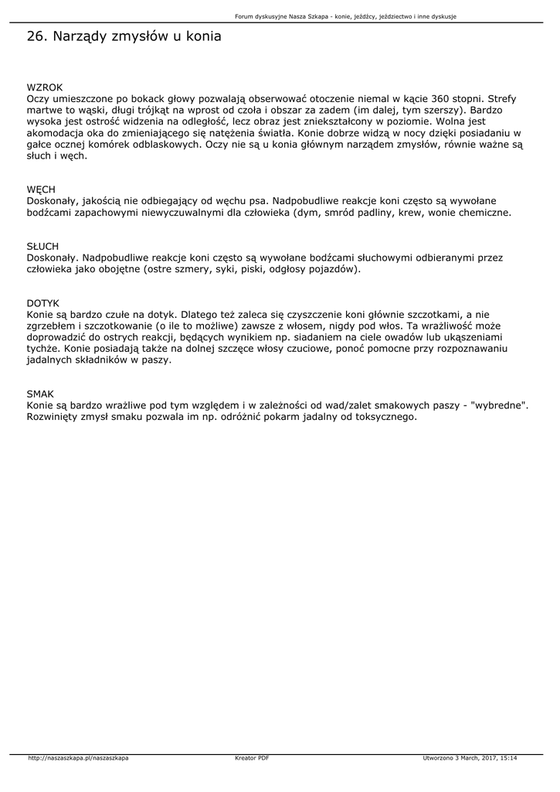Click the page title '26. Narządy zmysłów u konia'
click(x=124, y=36)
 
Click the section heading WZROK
click(x=45, y=87)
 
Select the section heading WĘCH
click(x=41, y=189)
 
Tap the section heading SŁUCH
click(x=42, y=247)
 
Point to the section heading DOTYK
click(x=42, y=304)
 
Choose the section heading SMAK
click(x=40, y=394)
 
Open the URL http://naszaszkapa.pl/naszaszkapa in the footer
click(x=78, y=758)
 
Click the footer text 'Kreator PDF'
click(x=252, y=758)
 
